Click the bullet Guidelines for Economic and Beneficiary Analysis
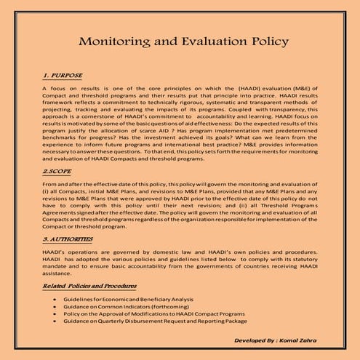point(119,300)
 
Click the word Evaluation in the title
point(192,41)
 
